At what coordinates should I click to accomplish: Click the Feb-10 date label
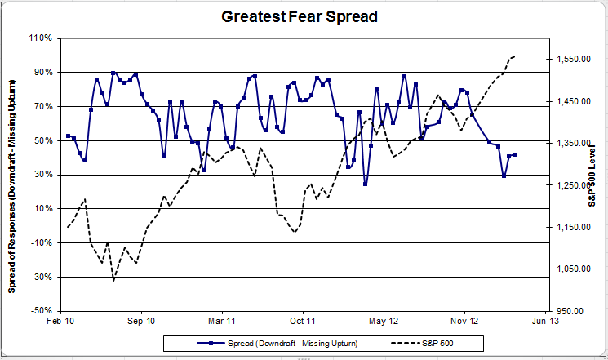pos(61,322)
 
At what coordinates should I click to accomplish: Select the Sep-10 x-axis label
pos(142,322)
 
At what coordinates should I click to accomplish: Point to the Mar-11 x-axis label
pos(222,322)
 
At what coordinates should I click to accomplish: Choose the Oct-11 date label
pos(303,322)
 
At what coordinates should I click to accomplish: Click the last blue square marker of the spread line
pos(514,154)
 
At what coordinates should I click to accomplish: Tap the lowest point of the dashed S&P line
pos(113,281)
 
